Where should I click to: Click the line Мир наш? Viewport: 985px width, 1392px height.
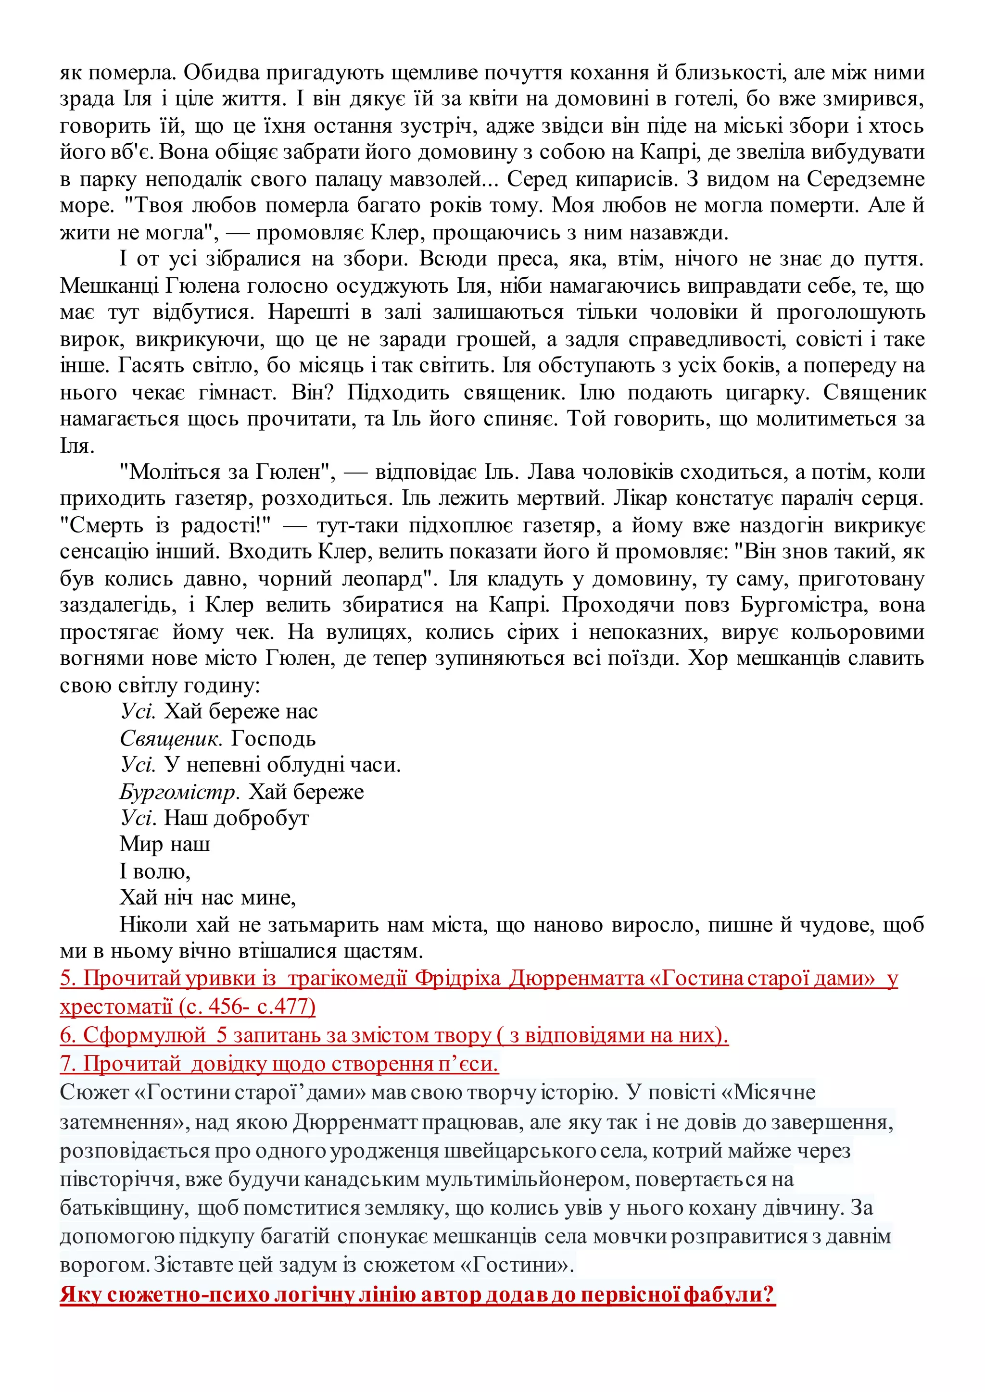(x=165, y=845)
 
